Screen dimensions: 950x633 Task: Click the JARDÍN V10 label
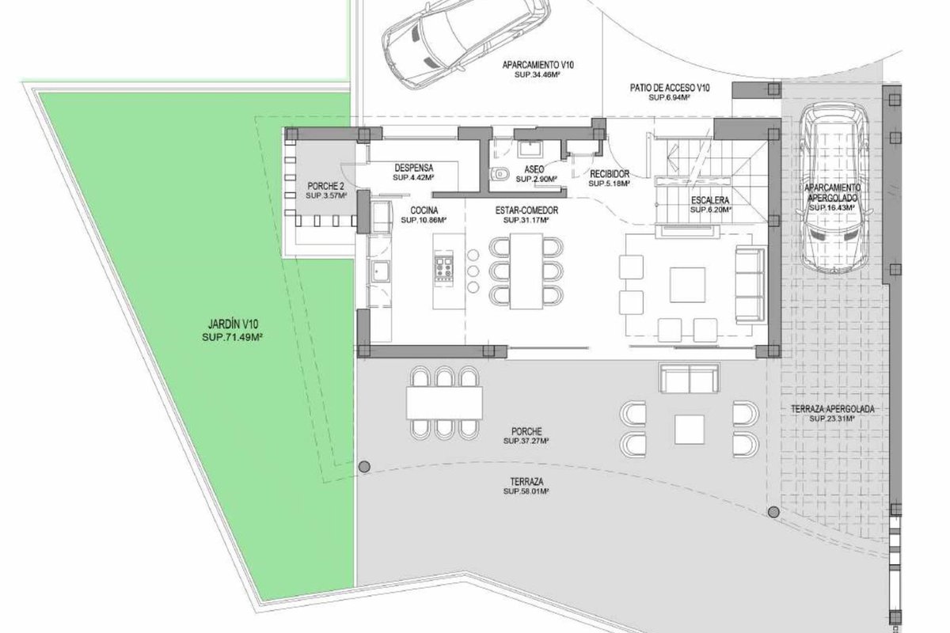[x=233, y=324]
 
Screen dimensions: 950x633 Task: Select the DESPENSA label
[x=414, y=168]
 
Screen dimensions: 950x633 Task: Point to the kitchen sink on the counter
[x=382, y=272]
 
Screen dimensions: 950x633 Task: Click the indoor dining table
[x=526, y=271]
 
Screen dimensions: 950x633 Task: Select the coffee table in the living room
[x=687, y=285]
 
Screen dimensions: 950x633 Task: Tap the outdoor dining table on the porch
[x=444, y=403]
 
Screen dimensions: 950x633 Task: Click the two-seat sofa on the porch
[x=690, y=377]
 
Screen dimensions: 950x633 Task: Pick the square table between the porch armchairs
[x=690, y=430]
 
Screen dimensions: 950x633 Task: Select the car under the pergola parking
[x=834, y=191]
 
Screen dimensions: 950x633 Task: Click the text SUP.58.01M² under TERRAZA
[x=526, y=491]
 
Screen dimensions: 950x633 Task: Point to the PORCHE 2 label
[x=325, y=186]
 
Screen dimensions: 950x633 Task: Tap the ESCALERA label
[x=710, y=200]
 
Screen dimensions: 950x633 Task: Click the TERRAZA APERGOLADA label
[x=833, y=409]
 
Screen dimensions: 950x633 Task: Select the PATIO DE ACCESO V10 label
[x=670, y=88]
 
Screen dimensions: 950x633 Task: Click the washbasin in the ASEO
[x=527, y=150]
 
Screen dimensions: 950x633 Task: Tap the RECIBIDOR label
[x=610, y=174]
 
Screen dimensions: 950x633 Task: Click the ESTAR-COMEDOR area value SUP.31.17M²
[x=526, y=220]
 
